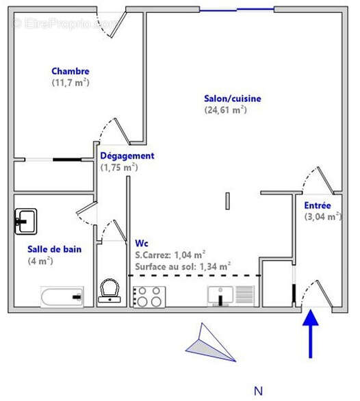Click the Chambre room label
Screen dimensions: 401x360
tap(70, 71)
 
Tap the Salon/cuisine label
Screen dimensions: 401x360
tap(233, 99)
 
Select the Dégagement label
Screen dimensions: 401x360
tap(127, 155)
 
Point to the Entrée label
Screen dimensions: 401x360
tap(318, 205)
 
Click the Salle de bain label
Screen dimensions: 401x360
tap(54, 249)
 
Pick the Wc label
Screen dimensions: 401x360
tap(142, 243)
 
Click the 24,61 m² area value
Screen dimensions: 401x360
tap(225, 109)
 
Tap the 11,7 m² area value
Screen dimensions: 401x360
tap(70, 82)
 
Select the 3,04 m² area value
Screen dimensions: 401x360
tap(322, 217)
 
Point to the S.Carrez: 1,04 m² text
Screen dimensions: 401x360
tap(170, 254)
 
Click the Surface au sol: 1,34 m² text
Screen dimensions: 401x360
tap(183, 266)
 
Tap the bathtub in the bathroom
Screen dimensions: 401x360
tap(62, 297)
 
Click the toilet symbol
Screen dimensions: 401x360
tap(110, 290)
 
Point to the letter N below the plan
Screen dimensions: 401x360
tap(258, 391)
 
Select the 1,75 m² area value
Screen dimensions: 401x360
tap(119, 167)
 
